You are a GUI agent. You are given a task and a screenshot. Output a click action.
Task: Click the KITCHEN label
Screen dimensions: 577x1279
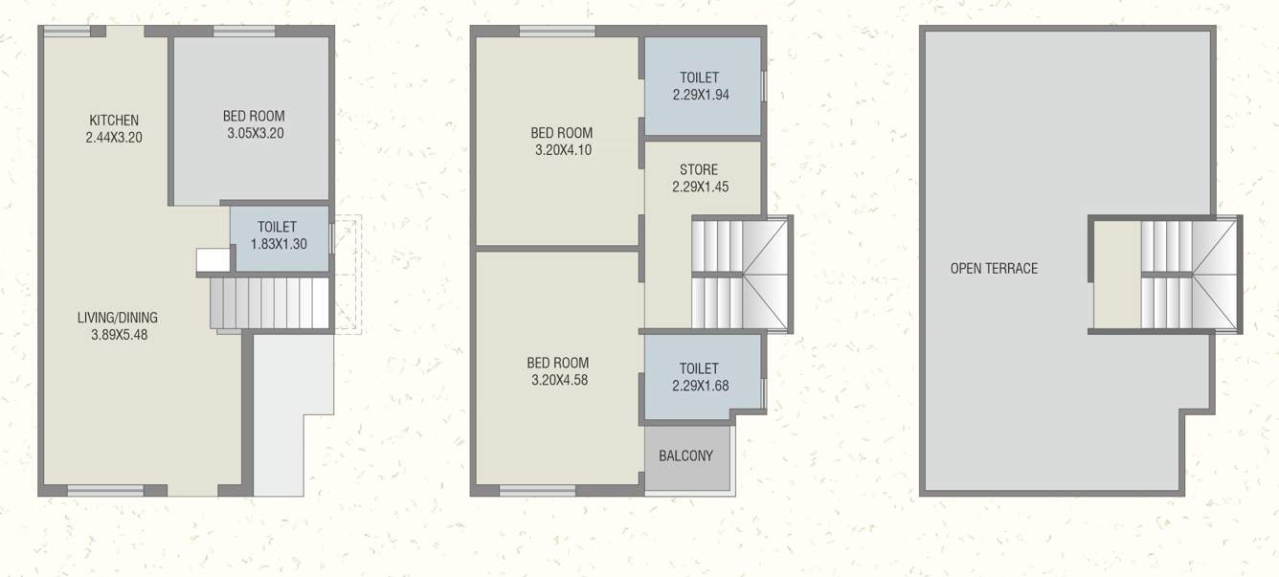point(114,121)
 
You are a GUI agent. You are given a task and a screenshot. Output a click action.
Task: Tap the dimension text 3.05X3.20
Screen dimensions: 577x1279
point(256,134)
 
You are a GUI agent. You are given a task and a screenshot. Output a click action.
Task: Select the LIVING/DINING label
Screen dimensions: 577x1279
point(118,318)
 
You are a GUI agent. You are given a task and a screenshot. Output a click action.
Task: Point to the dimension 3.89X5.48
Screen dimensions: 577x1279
point(118,335)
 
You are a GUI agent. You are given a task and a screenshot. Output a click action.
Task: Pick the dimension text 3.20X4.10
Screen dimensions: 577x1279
point(562,150)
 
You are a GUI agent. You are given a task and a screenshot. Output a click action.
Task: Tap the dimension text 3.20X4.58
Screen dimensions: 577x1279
point(557,380)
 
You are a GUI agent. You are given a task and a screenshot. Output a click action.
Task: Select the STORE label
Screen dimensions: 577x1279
point(699,170)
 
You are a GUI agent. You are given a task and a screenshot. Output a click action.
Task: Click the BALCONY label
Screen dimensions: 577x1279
point(685,456)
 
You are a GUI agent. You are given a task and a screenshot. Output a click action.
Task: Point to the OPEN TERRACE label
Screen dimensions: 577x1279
point(994,269)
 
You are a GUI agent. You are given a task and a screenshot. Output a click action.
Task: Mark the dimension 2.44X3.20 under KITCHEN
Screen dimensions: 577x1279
point(114,137)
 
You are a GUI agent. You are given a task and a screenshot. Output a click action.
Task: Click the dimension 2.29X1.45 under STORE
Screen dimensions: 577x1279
point(700,188)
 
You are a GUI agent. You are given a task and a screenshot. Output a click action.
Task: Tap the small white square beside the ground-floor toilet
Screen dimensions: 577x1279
point(211,260)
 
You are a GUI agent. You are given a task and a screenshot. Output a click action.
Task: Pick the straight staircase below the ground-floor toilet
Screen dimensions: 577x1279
point(269,303)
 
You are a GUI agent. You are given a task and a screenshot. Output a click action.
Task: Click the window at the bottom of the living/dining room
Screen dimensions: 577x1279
point(105,491)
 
